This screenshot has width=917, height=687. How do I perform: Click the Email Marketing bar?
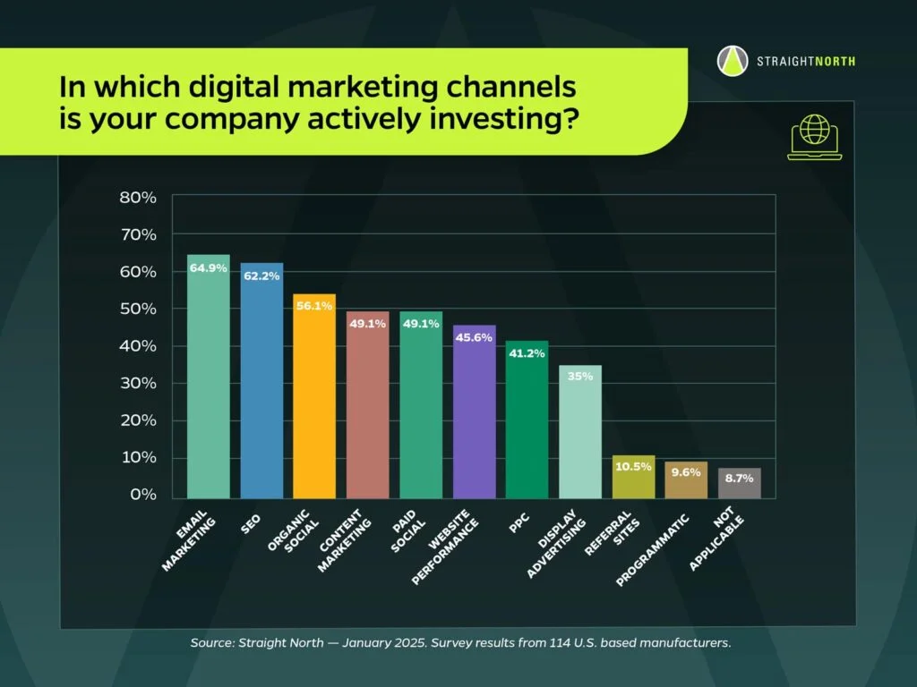click(208, 377)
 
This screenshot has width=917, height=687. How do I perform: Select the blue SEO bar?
click(261, 380)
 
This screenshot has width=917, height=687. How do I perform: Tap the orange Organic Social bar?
click(314, 396)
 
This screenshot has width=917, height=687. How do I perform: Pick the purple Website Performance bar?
click(475, 411)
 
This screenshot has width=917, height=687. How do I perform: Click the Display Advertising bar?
click(580, 432)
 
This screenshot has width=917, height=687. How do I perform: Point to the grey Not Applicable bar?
click(739, 483)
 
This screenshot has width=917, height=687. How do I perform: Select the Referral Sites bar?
click(633, 477)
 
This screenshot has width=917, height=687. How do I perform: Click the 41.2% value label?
click(527, 353)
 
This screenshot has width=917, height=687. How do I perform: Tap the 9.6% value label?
click(686, 472)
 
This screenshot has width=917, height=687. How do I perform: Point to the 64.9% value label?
click(208, 268)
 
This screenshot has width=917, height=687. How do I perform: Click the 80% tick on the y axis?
click(138, 198)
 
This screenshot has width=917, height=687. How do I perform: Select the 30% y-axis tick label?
click(138, 383)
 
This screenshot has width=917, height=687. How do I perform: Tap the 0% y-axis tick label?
click(143, 495)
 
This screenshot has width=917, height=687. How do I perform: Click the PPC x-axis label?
click(518, 522)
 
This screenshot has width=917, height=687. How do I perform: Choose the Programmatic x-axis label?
click(653, 550)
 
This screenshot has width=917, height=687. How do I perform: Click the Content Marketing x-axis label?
click(345, 541)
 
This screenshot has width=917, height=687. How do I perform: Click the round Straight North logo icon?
click(733, 61)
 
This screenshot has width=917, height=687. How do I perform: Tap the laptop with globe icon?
click(815, 137)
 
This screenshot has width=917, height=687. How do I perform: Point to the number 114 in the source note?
click(559, 642)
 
